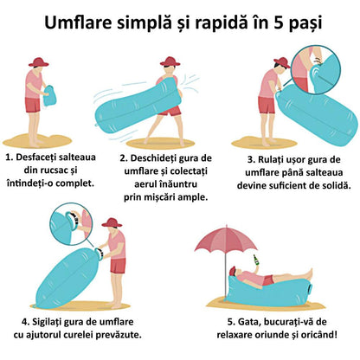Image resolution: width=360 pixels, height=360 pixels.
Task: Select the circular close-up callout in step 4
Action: pyautogui.click(x=72, y=223)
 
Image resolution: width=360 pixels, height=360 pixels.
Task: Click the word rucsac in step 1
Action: pyautogui.click(x=58, y=171)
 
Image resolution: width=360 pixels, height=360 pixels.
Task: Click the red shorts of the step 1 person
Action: pyautogui.click(x=33, y=106)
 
